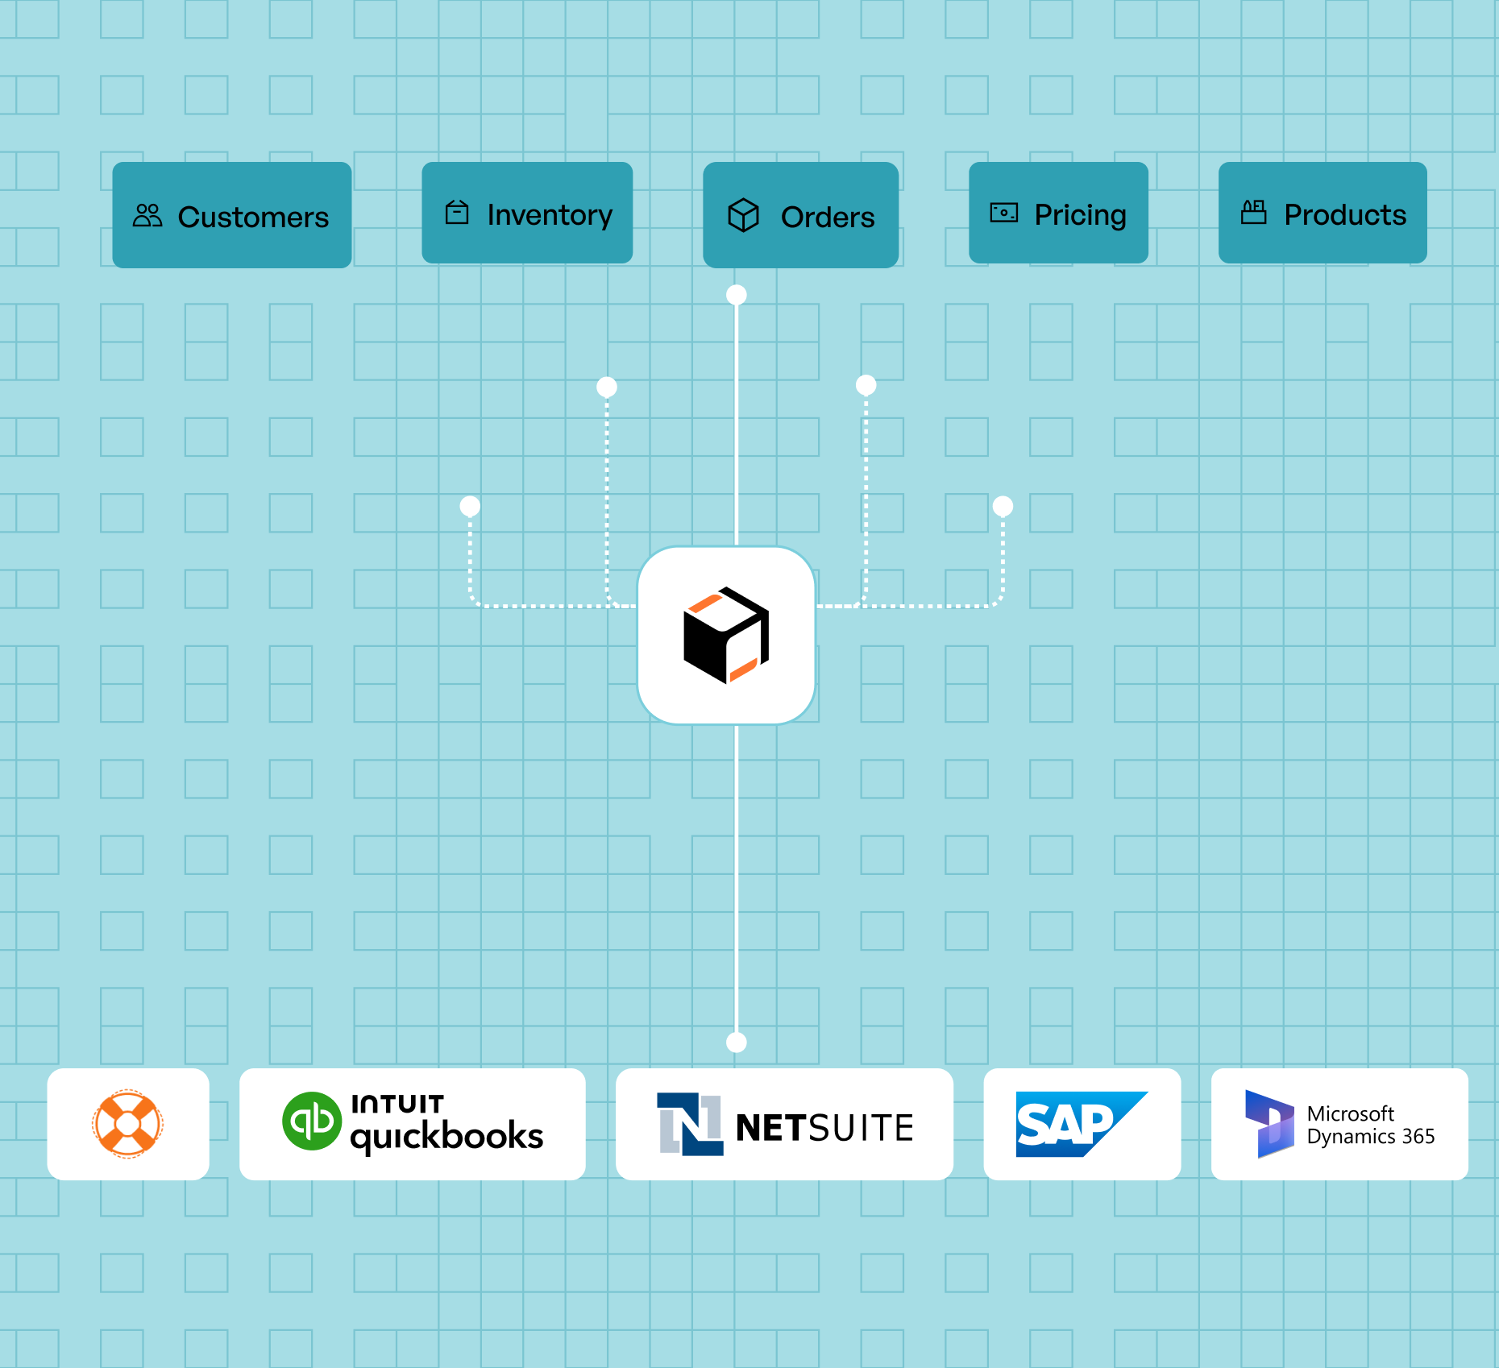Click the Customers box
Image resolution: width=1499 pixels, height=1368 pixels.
pyautogui.click(x=231, y=215)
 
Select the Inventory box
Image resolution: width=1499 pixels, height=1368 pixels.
pyautogui.click(x=527, y=213)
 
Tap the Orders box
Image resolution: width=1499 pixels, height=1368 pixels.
pyautogui.click(x=800, y=215)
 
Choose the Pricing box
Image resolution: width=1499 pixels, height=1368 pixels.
pyautogui.click(x=1058, y=213)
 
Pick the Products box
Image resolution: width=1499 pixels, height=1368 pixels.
pyautogui.click(x=1323, y=213)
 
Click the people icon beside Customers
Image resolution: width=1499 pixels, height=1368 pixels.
pyautogui.click(x=147, y=215)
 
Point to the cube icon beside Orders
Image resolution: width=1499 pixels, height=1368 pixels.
pyautogui.click(x=743, y=215)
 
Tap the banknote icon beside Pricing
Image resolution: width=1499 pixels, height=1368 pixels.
pyautogui.click(x=1003, y=213)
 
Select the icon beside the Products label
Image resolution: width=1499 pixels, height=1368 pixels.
pyautogui.click(x=1253, y=212)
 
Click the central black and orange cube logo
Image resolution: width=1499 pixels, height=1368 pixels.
pyautogui.click(x=726, y=636)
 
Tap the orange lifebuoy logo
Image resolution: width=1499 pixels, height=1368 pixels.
pyautogui.click(x=127, y=1124)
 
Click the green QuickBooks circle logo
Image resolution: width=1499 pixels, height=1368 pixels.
pyautogui.click(x=312, y=1121)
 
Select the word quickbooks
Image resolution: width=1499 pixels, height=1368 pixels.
pyautogui.click(x=446, y=1136)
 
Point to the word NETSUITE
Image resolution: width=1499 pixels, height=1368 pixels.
pyautogui.click(x=824, y=1127)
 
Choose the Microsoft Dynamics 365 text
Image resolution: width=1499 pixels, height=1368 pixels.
pyautogui.click(x=1370, y=1125)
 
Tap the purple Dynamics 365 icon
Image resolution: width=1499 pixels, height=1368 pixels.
pyautogui.click(x=1269, y=1124)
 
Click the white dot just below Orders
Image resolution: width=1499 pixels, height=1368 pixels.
pyautogui.click(x=736, y=295)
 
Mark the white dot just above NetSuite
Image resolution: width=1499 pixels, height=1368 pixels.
pyautogui.click(x=736, y=1043)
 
